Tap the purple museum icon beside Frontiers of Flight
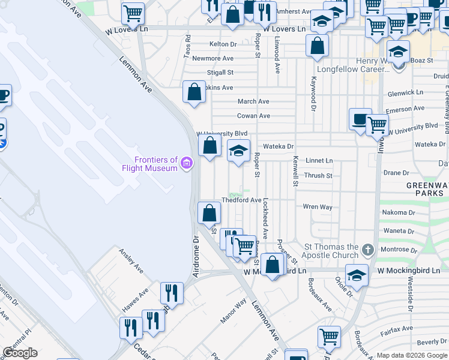click(x=187, y=163)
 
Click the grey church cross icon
click(x=368, y=249)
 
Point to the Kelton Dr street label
click(x=223, y=44)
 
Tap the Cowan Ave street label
click(x=253, y=116)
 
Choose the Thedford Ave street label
click(x=241, y=200)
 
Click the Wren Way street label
click(x=318, y=207)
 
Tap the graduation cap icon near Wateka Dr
click(x=238, y=150)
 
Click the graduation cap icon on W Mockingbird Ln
click(x=357, y=275)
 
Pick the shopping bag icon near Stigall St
click(x=194, y=92)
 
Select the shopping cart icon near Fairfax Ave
click(x=329, y=337)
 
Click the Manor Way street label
click(x=233, y=312)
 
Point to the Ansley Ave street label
click(x=130, y=261)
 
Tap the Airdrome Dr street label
click(x=195, y=256)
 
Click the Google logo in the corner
click(x=19, y=353)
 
